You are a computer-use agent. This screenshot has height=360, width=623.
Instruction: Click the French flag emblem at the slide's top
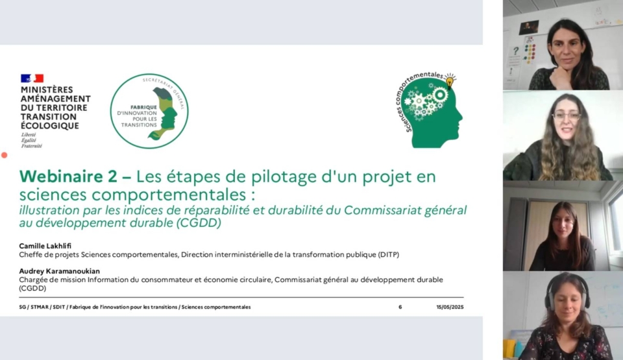pyautogui.click(x=32, y=78)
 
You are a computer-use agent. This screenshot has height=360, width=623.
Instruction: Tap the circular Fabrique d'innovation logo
pyautogui.click(x=149, y=112)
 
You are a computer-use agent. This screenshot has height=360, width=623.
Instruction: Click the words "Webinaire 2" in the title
pyautogui.click(x=68, y=176)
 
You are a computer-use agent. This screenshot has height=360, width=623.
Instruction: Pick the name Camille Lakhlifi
pyautogui.click(x=45, y=246)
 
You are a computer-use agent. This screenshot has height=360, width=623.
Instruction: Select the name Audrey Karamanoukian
pyautogui.click(x=60, y=271)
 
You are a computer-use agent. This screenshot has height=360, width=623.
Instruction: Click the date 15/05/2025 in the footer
pyautogui.click(x=450, y=307)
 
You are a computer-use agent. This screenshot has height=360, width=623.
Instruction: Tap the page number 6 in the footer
pyautogui.click(x=400, y=307)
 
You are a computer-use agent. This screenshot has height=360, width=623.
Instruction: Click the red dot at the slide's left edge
pyautogui.click(x=5, y=155)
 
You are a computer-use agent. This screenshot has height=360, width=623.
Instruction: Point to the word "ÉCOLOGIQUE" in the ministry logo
pyautogui.click(x=50, y=126)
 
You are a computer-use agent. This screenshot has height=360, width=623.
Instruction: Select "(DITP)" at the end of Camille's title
pyautogui.click(x=388, y=255)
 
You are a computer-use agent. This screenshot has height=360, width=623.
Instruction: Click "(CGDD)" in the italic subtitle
pyautogui.click(x=199, y=223)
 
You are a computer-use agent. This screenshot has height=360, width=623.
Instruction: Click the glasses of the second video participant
pyautogui.click(x=566, y=116)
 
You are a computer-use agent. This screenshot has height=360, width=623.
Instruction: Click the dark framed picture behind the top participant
pyautogui.click(x=529, y=28)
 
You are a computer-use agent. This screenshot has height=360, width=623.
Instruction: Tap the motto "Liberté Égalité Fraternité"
pyautogui.click(x=31, y=140)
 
